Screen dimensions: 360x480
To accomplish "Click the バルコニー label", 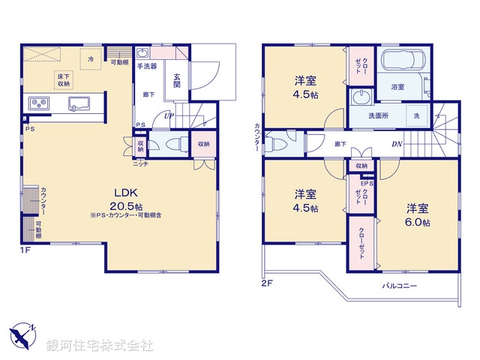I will (400, 286).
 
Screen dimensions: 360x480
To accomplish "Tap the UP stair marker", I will (169, 116).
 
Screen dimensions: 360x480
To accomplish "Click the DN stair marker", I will (396, 144).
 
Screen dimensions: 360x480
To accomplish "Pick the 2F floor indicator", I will (267, 283).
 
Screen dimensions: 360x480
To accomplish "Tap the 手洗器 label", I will (148, 66).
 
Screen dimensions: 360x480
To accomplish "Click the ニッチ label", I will (140, 163).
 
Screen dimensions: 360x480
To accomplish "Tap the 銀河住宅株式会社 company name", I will (101, 346).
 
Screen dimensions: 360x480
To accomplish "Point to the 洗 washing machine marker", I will (416, 115).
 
